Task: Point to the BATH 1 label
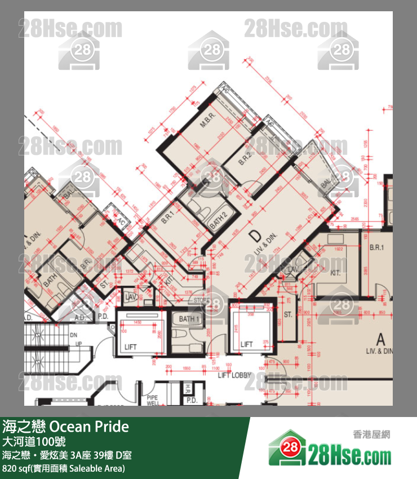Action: (x=189, y=320)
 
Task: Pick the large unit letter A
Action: (x=380, y=339)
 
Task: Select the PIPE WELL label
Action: (x=153, y=401)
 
